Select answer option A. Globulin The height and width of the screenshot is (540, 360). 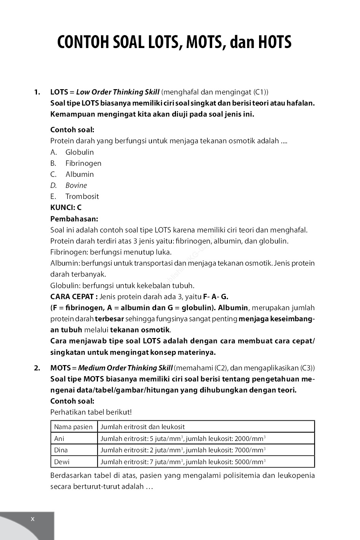79,152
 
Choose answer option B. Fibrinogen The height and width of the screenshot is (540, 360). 83,163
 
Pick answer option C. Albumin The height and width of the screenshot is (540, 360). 79,174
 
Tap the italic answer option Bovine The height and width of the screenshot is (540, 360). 76,185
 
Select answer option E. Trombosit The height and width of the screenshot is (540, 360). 82,196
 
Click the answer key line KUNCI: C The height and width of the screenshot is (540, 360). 66,208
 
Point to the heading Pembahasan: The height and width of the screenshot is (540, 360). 74,219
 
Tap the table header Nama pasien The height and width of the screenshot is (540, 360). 73,427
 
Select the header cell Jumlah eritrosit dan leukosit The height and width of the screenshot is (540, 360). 142,427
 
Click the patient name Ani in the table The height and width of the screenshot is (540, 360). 59,439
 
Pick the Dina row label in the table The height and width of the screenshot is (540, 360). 61,450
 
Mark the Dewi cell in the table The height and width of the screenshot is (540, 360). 62,462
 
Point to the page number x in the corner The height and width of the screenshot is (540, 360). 32,519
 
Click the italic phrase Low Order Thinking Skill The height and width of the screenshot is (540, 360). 118,92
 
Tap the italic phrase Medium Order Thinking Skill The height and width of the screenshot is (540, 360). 125,368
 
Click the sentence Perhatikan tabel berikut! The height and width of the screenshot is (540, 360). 91,412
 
